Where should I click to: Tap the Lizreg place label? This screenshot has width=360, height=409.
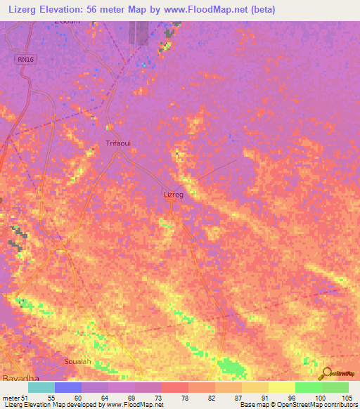click(173, 195)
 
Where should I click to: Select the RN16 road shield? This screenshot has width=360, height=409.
click(25, 60)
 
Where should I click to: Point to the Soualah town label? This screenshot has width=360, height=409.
click(77, 361)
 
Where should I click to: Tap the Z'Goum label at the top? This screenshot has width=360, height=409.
click(67, 21)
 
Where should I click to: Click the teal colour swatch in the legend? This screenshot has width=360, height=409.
click(41, 387)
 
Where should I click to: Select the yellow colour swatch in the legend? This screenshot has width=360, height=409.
click(281, 387)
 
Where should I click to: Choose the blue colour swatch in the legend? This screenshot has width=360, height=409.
click(68, 387)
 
